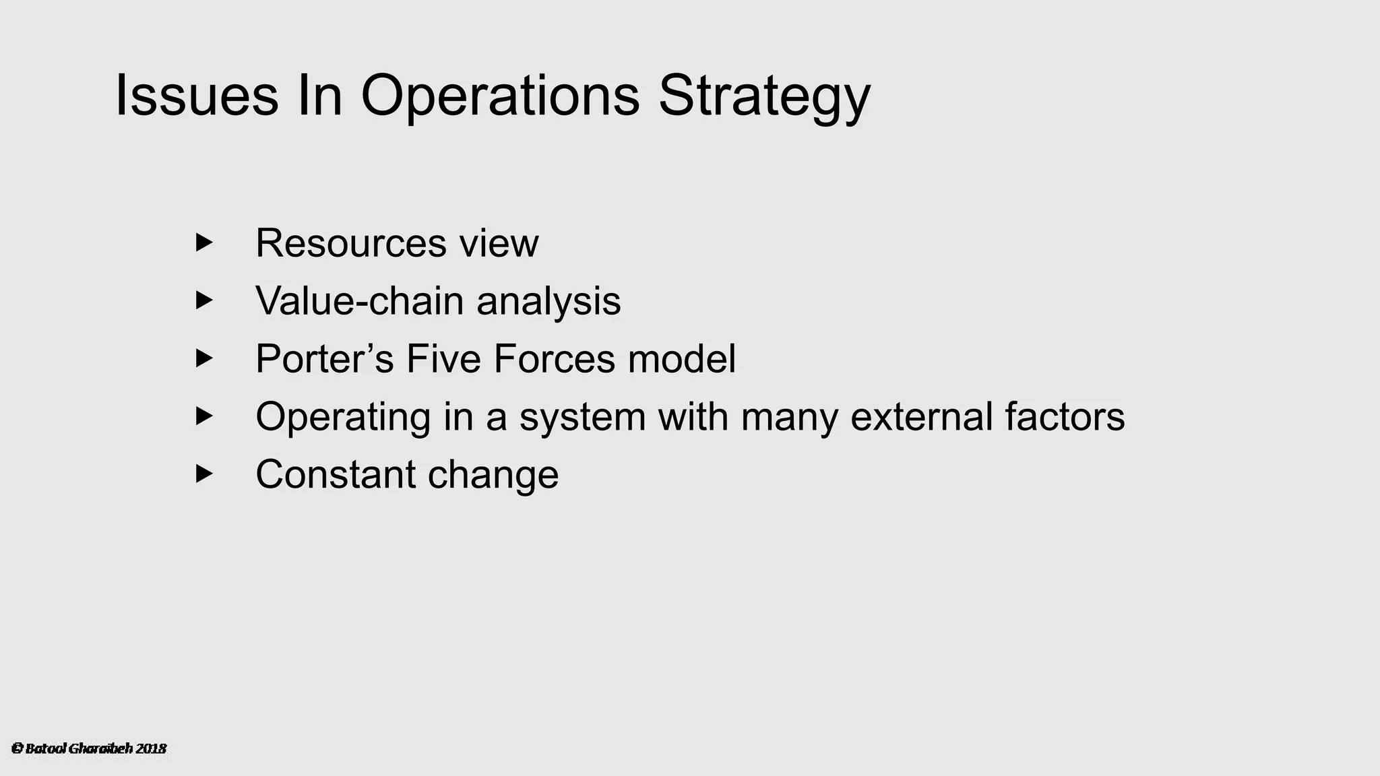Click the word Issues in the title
(197, 96)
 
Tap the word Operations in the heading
(500, 96)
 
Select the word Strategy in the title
(764, 96)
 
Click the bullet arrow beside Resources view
(203, 243)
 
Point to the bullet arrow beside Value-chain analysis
(203, 300)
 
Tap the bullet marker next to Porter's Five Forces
(203, 358)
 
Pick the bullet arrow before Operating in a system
(203, 416)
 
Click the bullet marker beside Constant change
(203, 474)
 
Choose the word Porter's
(324, 358)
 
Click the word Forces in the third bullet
(554, 358)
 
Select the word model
(682, 358)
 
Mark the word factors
(1065, 416)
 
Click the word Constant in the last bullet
(335, 474)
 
